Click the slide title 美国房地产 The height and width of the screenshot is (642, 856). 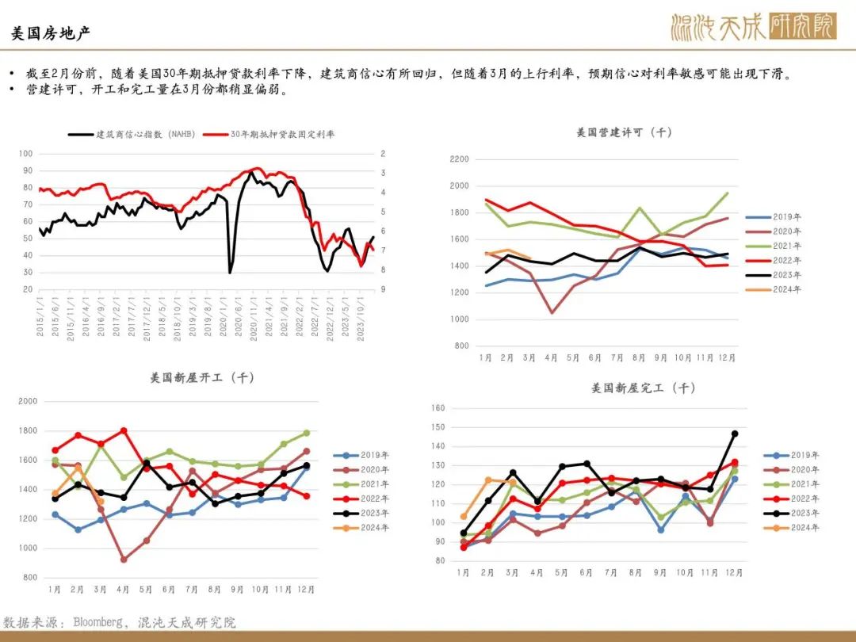click(x=50, y=33)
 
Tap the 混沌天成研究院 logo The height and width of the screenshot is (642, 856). click(x=754, y=27)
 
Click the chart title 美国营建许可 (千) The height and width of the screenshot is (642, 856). click(x=624, y=132)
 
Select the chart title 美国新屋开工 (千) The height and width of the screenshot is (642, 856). click(x=202, y=378)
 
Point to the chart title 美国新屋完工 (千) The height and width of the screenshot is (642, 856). click(x=643, y=388)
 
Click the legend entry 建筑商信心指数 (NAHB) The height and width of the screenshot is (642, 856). click(x=132, y=134)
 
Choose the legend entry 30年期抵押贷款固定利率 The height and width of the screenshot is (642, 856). click(x=269, y=134)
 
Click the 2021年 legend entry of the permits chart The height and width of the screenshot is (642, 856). click(x=774, y=246)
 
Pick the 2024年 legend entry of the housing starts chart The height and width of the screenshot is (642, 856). click(x=361, y=528)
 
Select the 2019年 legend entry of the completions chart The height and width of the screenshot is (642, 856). click(x=792, y=455)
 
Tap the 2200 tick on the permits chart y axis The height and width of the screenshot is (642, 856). click(x=459, y=159)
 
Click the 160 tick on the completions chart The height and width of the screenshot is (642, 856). click(x=438, y=408)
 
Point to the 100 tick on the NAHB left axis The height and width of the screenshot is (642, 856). click(x=25, y=154)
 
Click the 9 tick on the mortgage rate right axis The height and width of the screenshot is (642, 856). click(x=384, y=289)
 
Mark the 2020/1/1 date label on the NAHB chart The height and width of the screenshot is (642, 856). click(x=224, y=319)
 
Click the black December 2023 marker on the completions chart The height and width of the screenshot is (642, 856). click(x=735, y=434)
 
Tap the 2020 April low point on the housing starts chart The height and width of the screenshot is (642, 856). click(x=124, y=560)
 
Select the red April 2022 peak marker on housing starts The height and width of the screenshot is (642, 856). click(x=124, y=430)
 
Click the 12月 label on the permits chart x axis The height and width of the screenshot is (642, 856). click(x=727, y=357)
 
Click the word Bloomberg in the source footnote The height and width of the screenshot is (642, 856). click(x=97, y=622)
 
